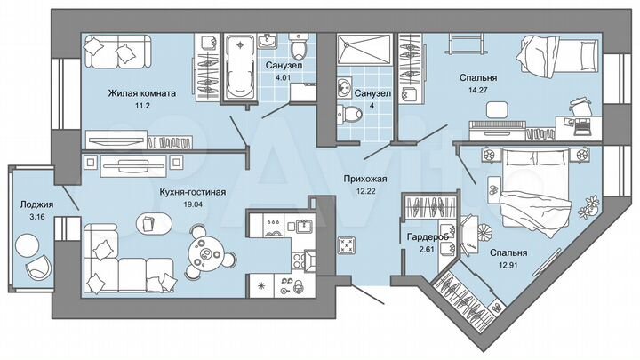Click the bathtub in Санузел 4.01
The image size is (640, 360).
pos(237,68)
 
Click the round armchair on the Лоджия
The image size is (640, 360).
pos(36,266)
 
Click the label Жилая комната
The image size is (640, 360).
pos(142,92)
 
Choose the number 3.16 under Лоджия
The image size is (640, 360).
pos(36,216)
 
